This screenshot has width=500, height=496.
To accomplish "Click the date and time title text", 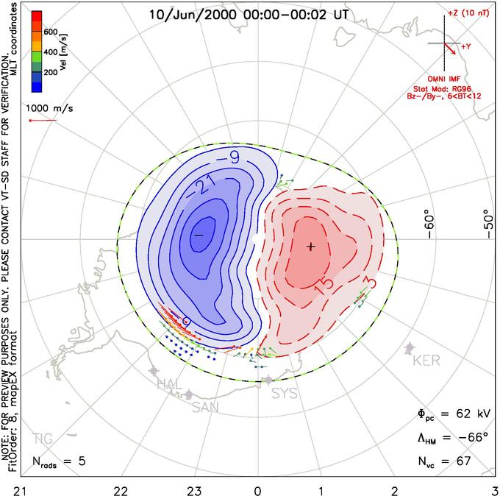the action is point(249,15).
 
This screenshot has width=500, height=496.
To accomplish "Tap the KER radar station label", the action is point(426,361).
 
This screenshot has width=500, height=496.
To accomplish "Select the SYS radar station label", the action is point(284,394).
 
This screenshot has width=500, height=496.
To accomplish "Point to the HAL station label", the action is point(169,383).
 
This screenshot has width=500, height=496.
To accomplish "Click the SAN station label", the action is point(205,407).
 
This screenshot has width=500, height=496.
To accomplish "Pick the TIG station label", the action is point(43,439).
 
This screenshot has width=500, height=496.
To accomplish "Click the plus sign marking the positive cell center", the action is point(311,247).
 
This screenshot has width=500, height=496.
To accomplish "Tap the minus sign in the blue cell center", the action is point(199,235).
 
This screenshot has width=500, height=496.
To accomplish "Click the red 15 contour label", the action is point(324,285).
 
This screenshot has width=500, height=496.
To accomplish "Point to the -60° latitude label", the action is point(429,227).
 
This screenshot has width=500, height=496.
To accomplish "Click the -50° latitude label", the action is point(488,224).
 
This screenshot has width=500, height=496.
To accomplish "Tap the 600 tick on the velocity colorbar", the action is point(51,32).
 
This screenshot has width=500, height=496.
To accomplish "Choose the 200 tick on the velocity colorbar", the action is point(51,72).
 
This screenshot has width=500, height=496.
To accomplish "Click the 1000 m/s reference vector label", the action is point(49,108).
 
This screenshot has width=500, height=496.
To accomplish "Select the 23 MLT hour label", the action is point(194,491).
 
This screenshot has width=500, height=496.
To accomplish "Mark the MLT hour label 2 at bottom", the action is point(395,491).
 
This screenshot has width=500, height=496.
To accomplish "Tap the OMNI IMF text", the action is point(444,79).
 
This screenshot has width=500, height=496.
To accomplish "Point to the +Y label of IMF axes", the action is point(466,46).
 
